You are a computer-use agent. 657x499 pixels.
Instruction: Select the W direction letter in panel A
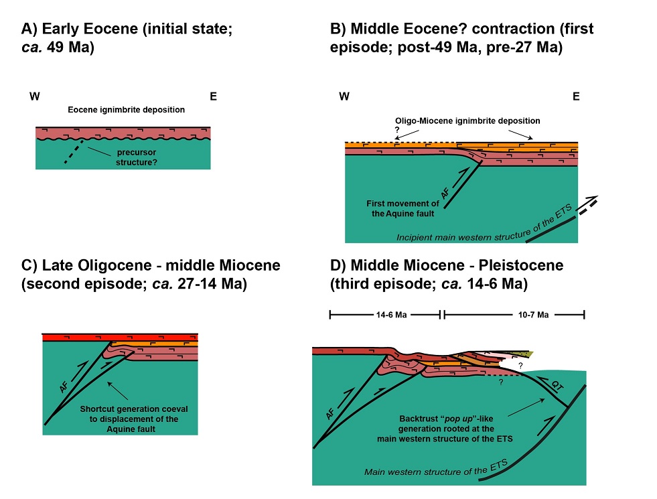[x=33, y=96]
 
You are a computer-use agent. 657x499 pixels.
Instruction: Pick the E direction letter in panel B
[x=575, y=96]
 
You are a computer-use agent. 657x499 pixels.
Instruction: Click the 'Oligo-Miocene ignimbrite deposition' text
[x=466, y=120]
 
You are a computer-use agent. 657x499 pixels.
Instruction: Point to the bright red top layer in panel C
[x=121, y=336]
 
